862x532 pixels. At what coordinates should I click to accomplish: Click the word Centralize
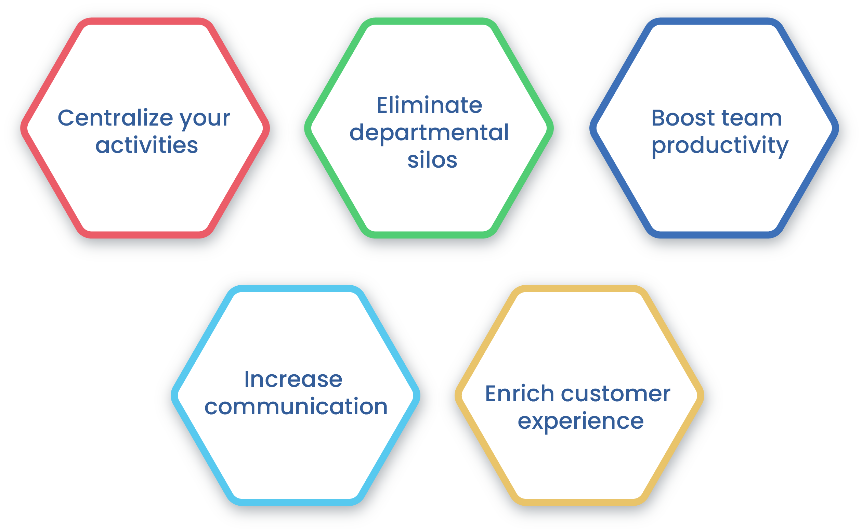[x=115, y=118]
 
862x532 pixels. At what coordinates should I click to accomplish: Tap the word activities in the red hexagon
[x=147, y=145]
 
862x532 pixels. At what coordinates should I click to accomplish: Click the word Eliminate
[x=429, y=105]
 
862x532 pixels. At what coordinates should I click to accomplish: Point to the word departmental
[x=429, y=133]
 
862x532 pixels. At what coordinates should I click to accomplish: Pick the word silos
[x=432, y=160]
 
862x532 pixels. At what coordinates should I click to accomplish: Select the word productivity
[x=720, y=146]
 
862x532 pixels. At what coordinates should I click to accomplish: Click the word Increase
[x=293, y=379]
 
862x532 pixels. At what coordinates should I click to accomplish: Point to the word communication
[x=296, y=407]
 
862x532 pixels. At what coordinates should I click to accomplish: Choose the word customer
[x=615, y=394]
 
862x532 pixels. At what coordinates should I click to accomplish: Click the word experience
[x=580, y=421]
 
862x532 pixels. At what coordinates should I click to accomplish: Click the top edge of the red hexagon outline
[x=145, y=21]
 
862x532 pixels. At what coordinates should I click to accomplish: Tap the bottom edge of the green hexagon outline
[x=429, y=235]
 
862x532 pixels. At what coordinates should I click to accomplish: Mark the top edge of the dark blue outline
[x=714, y=21]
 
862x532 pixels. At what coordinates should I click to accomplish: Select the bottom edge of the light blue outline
[x=296, y=502]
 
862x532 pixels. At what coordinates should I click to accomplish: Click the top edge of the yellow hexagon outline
[x=579, y=288]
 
